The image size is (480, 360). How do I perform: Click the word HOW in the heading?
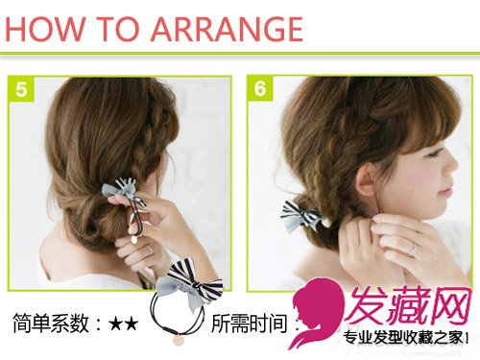[x=46, y=29]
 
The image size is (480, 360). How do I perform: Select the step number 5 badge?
[x=21, y=89]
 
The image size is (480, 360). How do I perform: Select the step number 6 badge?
[x=260, y=88]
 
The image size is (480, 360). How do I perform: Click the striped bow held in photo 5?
[x=123, y=191]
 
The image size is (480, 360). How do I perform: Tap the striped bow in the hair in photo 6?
[x=303, y=215]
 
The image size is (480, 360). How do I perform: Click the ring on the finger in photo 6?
[x=413, y=249]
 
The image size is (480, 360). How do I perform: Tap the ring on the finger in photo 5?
[x=150, y=251]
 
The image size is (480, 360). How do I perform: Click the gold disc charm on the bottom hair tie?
[x=179, y=339]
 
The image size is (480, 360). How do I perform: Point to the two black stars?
[x=124, y=324]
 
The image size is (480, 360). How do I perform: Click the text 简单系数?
[x=51, y=324]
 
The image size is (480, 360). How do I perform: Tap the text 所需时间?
[x=249, y=324]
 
